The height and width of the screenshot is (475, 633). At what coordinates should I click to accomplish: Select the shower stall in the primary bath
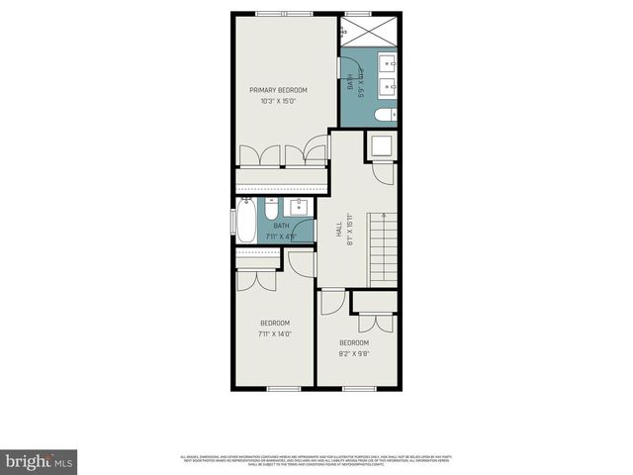pyautogui.click(x=369, y=35)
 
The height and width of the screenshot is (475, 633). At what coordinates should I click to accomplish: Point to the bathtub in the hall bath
pyautogui.click(x=246, y=219)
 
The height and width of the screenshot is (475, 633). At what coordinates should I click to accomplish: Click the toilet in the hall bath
pyautogui.click(x=272, y=212)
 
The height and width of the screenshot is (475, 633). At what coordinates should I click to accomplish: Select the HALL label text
pyautogui.click(x=338, y=226)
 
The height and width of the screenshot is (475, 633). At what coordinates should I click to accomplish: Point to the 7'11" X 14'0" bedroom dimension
pyautogui.click(x=274, y=333)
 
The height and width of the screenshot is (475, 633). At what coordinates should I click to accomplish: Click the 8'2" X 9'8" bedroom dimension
pyautogui.click(x=354, y=353)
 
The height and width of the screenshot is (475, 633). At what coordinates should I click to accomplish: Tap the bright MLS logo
pyautogui.click(x=40, y=462)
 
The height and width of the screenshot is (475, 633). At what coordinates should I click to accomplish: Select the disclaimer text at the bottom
pyautogui.click(x=316, y=459)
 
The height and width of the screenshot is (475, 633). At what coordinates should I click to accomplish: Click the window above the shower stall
pyautogui.click(x=357, y=12)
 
